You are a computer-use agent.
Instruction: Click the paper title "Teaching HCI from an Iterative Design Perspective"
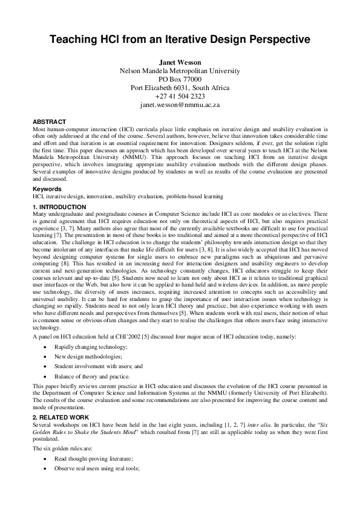click(x=180, y=40)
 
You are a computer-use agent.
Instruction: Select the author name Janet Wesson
click(x=180, y=62)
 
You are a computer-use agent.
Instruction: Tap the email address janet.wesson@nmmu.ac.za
click(x=180, y=105)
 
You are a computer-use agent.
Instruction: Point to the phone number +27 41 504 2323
click(x=180, y=96)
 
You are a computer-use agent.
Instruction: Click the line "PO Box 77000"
click(x=180, y=79)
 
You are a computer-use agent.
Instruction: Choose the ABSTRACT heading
click(x=50, y=122)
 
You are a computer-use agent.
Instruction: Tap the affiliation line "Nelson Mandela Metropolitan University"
click(x=180, y=71)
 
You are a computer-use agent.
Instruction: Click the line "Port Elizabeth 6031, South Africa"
click(x=180, y=88)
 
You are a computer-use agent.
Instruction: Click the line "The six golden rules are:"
click(x=66, y=449)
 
